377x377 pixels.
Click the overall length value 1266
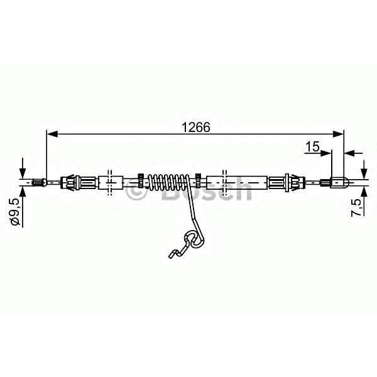point(195,125)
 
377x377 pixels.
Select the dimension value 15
point(312,147)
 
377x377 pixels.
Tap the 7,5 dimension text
point(356,207)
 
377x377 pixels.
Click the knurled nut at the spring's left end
point(143,182)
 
